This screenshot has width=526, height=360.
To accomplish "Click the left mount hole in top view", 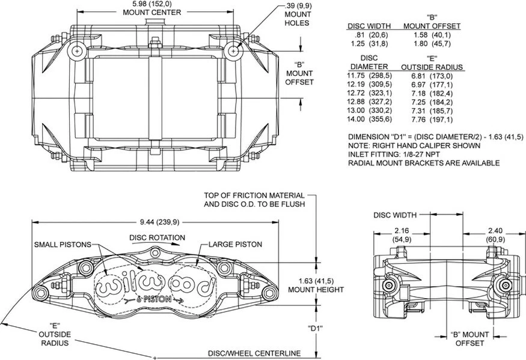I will click(x=77, y=52).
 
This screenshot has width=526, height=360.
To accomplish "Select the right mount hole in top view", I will click(x=233, y=52).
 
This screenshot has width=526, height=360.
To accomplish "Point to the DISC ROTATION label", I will click(x=157, y=237).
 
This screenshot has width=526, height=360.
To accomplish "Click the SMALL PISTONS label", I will click(x=62, y=245).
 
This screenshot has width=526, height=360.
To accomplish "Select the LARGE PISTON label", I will click(x=236, y=245).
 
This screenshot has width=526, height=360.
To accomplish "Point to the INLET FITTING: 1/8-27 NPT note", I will click(x=398, y=154).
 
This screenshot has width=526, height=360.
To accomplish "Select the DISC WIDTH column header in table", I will click(x=369, y=26).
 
